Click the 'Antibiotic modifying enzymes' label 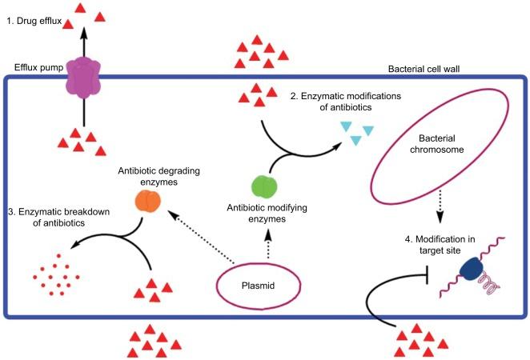[264, 214]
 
